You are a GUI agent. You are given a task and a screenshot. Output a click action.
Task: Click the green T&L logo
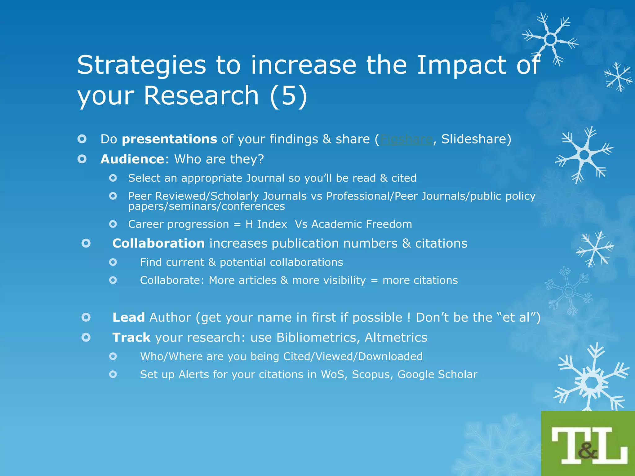tap(588, 444)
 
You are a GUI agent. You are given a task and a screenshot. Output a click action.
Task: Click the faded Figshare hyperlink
tap(406, 139)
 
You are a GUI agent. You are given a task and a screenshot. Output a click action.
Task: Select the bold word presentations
tap(169, 139)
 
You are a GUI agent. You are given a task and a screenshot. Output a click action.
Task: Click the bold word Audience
tap(132, 159)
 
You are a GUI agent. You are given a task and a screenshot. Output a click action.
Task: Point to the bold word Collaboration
tap(158, 243)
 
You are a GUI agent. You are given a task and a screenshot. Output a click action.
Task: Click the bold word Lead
tap(128, 317)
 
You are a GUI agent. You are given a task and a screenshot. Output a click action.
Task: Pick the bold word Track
tap(131, 337)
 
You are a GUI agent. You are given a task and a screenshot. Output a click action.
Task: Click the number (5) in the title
tap(288, 95)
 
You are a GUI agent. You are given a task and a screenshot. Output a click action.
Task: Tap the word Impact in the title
tap(461, 65)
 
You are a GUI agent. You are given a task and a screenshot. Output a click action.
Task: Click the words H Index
tap(266, 224)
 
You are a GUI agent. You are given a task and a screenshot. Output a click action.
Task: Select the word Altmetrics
tap(396, 337)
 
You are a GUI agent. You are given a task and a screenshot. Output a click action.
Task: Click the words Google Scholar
tap(437, 374)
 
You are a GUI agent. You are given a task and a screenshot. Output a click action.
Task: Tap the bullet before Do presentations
tap(82, 139)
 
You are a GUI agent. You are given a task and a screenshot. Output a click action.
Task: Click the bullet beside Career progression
tap(113, 224)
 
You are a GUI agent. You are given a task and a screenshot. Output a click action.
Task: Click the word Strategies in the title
tap(141, 65)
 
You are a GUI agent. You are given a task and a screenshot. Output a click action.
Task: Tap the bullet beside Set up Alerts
tap(113, 374)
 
